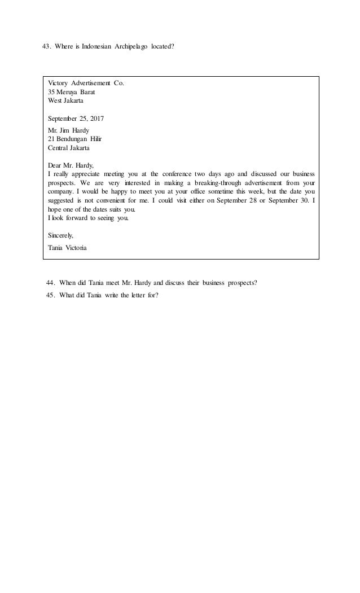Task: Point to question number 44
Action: (51, 283)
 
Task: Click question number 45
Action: (51, 295)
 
